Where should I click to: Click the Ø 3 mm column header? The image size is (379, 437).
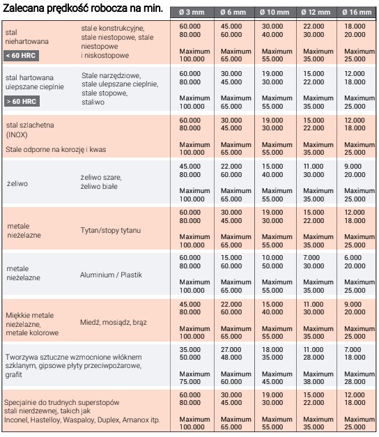(192, 13)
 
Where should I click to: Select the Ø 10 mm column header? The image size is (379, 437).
(274, 13)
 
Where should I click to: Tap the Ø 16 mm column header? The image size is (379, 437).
(357, 13)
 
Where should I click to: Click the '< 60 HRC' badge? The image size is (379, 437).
(21, 56)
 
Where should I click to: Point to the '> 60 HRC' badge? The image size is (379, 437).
(22, 102)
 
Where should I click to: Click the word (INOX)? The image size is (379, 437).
(17, 135)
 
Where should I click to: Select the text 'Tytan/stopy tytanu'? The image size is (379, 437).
(111, 231)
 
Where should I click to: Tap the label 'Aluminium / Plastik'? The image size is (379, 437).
(111, 275)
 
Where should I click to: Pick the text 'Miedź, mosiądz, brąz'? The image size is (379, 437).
(114, 323)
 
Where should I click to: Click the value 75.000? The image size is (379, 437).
(189, 381)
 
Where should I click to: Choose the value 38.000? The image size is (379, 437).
(314, 381)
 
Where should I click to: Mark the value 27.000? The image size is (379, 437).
(231, 349)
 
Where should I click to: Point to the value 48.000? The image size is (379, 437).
(231, 358)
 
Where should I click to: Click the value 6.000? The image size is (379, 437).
(353, 257)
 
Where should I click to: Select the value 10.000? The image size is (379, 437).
(272, 257)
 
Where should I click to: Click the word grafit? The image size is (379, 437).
(13, 374)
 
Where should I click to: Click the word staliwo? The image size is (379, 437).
(93, 102)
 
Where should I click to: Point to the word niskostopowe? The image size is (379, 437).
(107, 56)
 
